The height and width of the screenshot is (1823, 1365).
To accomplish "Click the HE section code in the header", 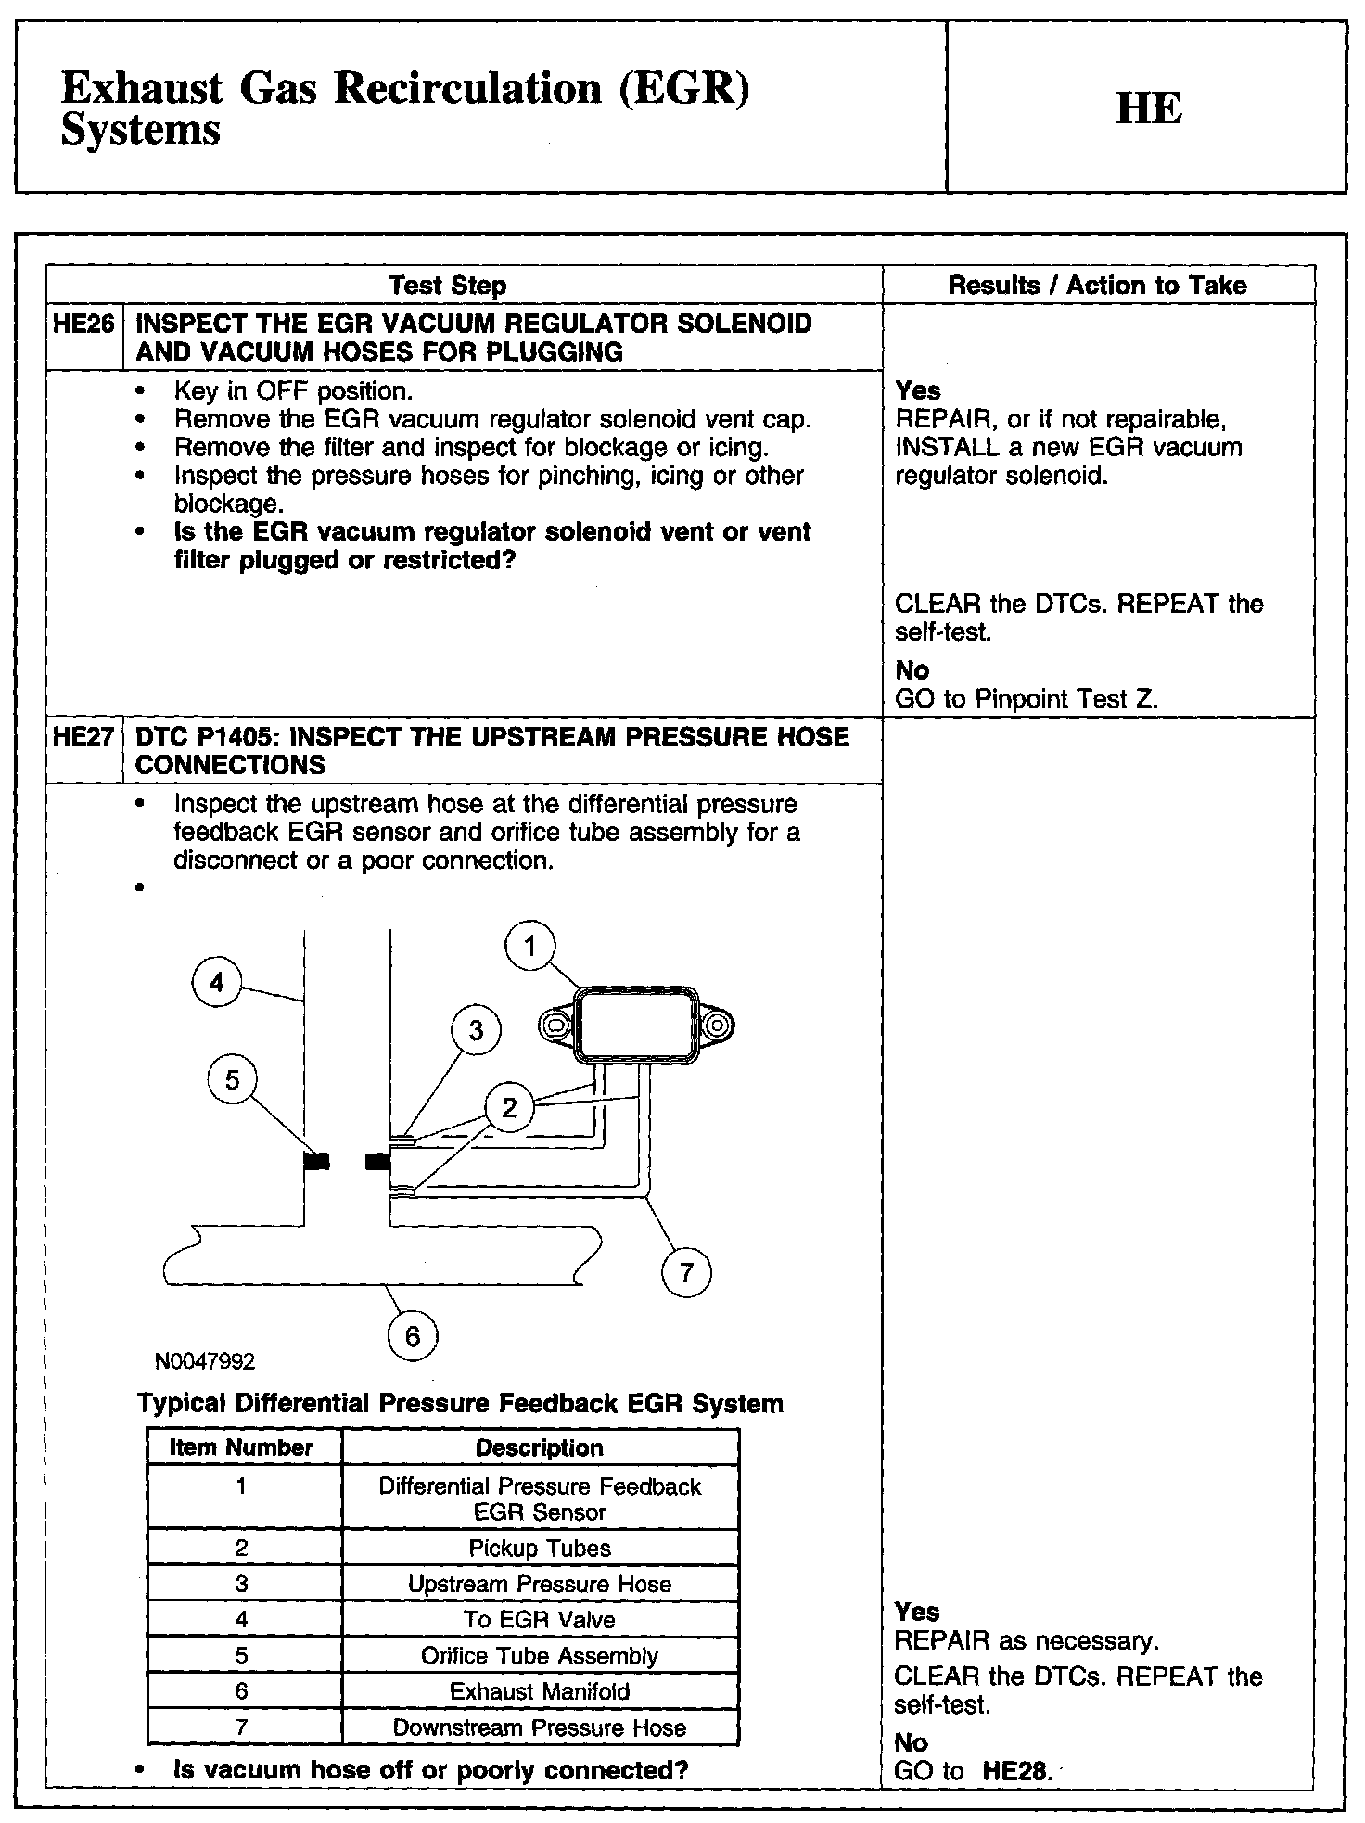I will click(1149, 108).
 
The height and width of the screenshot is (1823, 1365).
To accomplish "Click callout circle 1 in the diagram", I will click(529, 947).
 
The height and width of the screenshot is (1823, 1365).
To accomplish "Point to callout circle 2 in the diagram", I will click(509, 1107).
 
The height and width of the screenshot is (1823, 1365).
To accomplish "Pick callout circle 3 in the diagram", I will click(476, 1030).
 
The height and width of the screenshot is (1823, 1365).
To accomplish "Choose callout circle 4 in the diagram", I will click(216, 983).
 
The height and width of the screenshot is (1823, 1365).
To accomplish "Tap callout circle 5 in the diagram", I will click(232, 1080).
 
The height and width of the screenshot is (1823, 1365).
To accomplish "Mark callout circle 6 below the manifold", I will click(413, 1336).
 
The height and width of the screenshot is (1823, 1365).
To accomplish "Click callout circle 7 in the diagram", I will click(686, 1272).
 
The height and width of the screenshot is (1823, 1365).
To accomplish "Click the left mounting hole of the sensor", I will click(555, 1026).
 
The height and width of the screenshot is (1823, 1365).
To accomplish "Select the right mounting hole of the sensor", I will click(717, 1026).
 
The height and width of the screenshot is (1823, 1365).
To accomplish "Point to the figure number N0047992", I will click(205, 1361).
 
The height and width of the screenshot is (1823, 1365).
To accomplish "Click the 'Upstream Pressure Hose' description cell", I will click(540, 1584).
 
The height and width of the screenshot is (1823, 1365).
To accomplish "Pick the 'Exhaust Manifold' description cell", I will click(540, 1691).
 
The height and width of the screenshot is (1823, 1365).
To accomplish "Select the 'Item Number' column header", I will click(242, 1448).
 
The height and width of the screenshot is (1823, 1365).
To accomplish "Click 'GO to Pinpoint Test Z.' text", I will click(1027, 699).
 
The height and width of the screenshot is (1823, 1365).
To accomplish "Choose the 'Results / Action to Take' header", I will click(1097, 286).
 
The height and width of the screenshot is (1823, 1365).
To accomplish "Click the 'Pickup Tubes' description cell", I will click(540, 1548).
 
